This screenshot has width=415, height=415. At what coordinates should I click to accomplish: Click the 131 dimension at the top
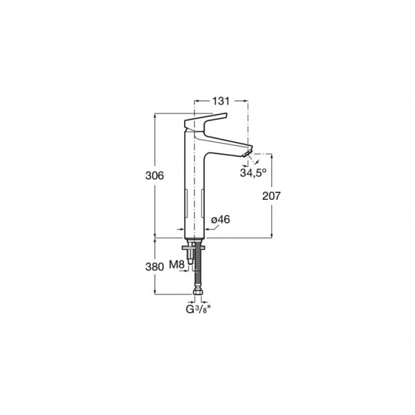[221, 101]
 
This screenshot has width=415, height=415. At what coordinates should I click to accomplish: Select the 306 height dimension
[154, 176]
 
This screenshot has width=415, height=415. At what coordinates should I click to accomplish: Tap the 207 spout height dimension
[271, 196]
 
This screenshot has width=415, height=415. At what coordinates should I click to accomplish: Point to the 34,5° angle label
[253, 173]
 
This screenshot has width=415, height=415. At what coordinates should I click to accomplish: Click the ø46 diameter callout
[221, 219]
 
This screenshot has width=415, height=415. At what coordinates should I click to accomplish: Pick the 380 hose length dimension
[154, 267]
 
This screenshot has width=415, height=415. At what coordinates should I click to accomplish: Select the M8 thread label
[177, 264]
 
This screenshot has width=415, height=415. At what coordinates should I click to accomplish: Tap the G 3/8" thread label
[199, 309]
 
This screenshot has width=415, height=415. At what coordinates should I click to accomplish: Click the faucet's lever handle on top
[205, 121]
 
